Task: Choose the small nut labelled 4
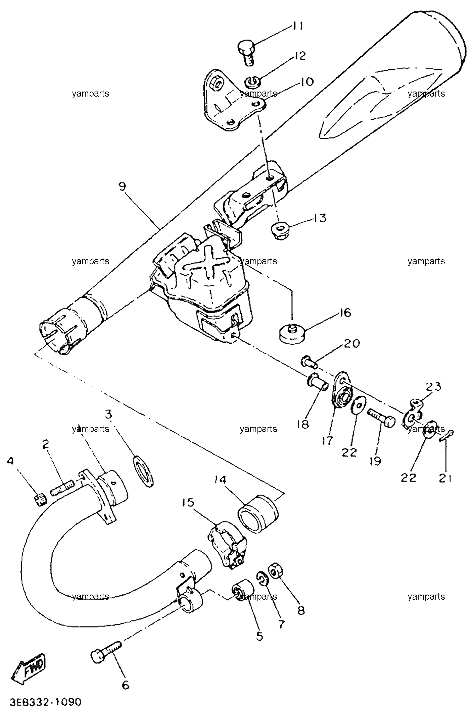point(40,501)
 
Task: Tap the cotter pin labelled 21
point(447,436)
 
